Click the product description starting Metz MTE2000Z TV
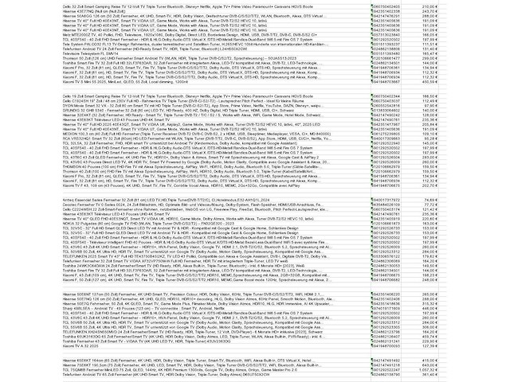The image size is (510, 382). (120, 36)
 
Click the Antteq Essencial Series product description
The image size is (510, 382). (120, 199)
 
